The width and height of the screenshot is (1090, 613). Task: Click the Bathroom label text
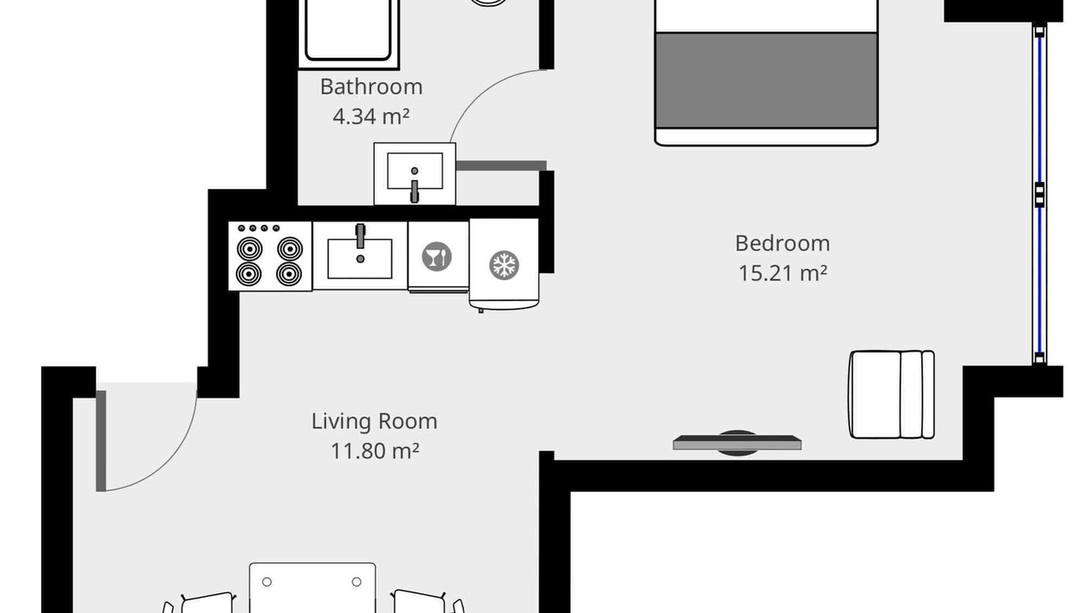click(371, 87)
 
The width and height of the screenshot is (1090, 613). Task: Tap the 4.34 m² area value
click(371, 117)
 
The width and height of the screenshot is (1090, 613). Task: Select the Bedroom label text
click(783, 243)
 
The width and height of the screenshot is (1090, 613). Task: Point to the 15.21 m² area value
click(783, 273)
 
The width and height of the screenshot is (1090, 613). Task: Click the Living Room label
click(374, 421)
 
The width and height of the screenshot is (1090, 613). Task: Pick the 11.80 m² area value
click(375, 451)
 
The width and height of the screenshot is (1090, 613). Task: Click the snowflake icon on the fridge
click(504, 265)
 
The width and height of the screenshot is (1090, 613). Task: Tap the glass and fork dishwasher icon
click(437, 256)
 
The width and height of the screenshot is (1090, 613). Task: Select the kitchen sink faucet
click(360, 236)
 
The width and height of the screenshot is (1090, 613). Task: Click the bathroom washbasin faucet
click(415, 191)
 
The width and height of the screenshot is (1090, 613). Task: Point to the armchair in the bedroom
click(892, 394)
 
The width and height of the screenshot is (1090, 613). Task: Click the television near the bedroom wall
click(737, 443)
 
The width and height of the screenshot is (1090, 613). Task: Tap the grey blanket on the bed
click(766, 81)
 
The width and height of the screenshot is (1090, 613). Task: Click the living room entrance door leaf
click(100, 441)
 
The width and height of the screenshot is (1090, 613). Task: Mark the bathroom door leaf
click(502, 166)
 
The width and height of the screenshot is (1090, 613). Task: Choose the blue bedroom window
click(1040, 193)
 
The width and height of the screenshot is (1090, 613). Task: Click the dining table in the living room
click(313, 587)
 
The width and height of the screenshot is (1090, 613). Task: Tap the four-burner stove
click(270, 256)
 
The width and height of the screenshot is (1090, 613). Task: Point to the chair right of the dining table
click(427, 602)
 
